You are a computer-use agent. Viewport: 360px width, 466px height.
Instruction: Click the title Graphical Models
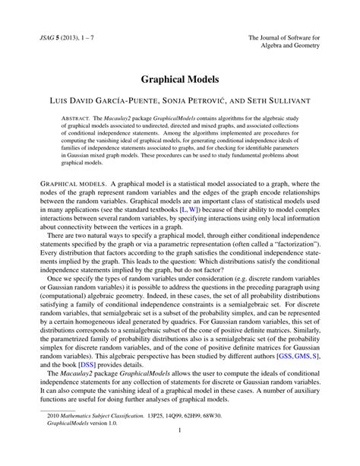coord(180,78)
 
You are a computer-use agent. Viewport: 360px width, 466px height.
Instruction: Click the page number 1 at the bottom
coord(179,455)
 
